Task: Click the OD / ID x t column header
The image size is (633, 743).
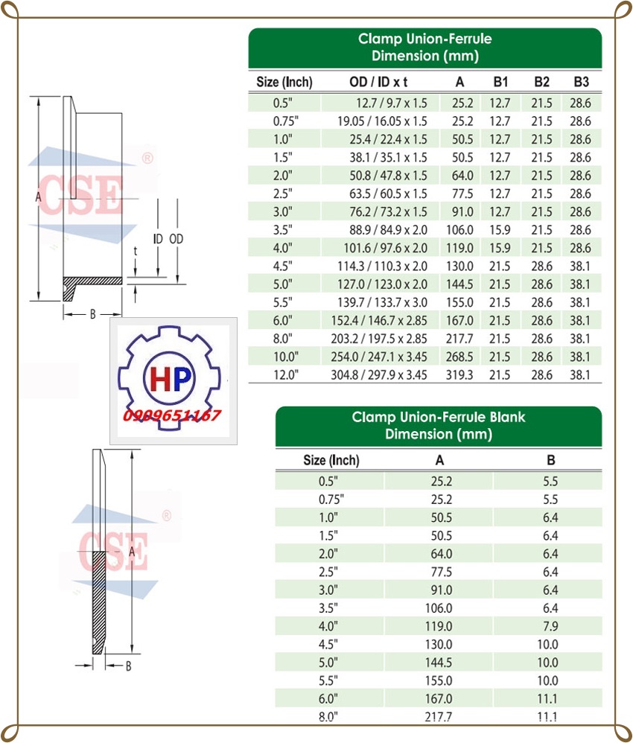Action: [378, 82]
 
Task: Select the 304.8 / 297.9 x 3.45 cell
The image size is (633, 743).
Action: [379, 374]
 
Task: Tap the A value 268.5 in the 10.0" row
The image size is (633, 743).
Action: [459, 357]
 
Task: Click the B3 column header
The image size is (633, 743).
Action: [582, 82]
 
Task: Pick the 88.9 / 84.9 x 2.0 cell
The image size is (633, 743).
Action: [388, 230]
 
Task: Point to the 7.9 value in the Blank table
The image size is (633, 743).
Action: [550, 626]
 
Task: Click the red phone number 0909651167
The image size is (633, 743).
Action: [171, 415]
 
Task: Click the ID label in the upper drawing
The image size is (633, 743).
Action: [158, 239]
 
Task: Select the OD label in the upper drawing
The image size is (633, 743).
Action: [176, 239]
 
